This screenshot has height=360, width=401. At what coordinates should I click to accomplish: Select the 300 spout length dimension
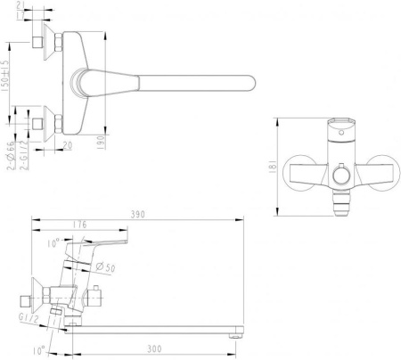point(155,350)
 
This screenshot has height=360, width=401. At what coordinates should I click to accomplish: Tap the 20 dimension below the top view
point(69,144)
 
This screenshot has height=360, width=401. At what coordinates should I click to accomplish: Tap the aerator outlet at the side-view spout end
point(236,336)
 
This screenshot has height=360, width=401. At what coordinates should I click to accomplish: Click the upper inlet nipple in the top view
point(38,42)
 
